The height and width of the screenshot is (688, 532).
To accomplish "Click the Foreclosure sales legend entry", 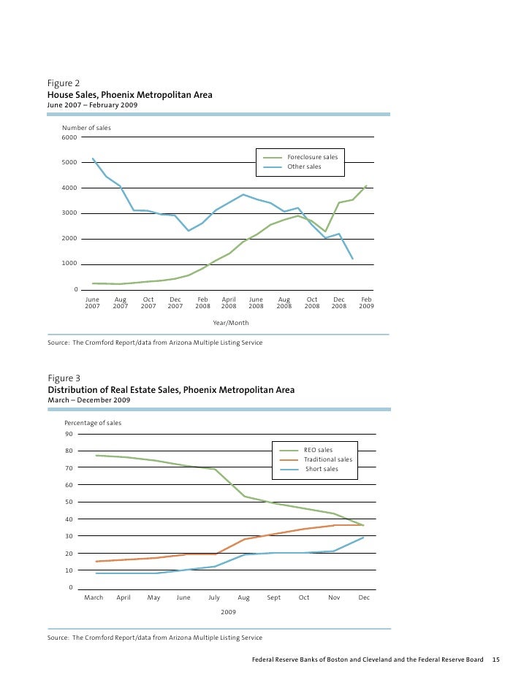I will (312, 157).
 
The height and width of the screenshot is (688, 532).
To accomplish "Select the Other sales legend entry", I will (304, 167).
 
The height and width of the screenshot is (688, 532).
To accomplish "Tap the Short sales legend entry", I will (322, 469).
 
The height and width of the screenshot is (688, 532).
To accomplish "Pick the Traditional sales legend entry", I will (327, 459).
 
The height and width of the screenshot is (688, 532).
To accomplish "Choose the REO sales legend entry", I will (318, 450).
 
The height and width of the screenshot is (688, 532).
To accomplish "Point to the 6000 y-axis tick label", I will (69, 137).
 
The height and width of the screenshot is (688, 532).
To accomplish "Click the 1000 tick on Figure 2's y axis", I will (69, 264).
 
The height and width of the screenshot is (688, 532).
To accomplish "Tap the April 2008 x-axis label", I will (229, 303).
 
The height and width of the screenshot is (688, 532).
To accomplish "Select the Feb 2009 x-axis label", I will (366, 303).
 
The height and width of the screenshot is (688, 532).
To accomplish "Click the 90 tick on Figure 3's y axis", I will (69, 434).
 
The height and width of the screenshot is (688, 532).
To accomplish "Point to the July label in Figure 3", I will (213, 597).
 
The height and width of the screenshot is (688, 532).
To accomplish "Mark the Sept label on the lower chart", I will (273, 597).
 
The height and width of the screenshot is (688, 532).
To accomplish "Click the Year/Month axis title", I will (230, 322).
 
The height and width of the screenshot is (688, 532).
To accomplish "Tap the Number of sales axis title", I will (86, 128).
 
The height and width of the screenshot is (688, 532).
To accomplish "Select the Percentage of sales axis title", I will (93, 423).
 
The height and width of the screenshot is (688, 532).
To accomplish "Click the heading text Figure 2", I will (63, 83).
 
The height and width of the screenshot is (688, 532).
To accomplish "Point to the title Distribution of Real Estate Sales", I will (171, 390).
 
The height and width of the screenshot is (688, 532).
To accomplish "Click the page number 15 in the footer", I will (495, 660).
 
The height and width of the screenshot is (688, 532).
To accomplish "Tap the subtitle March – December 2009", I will (88, 401).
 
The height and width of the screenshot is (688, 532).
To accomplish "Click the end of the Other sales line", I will (353, 259).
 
